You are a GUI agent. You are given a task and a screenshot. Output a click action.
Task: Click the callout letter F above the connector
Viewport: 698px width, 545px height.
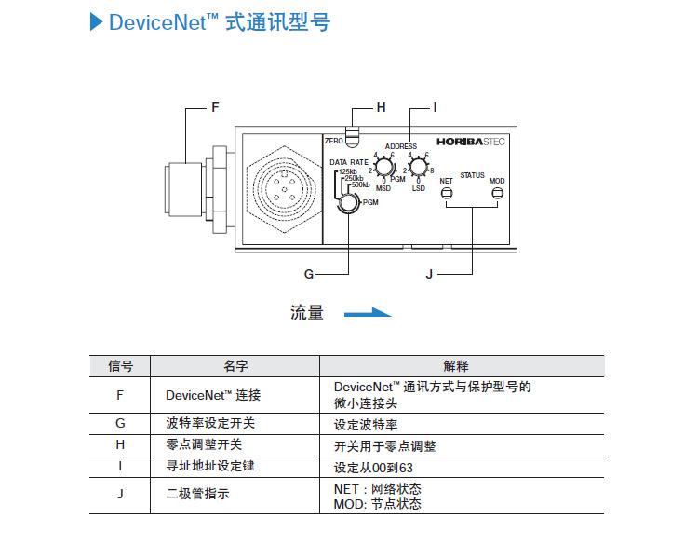215,107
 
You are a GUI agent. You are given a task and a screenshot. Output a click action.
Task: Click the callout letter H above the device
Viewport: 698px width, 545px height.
381,107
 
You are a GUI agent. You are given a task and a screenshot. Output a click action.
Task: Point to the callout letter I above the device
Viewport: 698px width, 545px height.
434,107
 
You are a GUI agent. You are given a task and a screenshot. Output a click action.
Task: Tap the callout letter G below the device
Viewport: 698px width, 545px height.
309,274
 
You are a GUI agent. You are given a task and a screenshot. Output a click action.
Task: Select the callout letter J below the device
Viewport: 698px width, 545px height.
429,274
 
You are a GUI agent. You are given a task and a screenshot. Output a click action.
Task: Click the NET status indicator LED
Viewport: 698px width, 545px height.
446,193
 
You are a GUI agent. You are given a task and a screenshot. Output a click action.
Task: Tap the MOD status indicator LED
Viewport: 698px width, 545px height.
497,193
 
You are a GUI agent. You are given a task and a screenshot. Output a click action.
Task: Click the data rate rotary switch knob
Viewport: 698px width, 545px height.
349,202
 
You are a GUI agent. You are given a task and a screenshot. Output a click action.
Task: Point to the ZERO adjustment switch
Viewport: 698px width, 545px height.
353,140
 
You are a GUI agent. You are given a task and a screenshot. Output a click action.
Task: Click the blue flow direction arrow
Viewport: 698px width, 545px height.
368,313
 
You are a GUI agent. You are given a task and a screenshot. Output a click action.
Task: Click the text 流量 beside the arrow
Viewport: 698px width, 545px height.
307,313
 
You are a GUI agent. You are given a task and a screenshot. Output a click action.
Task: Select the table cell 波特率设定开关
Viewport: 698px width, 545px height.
210,423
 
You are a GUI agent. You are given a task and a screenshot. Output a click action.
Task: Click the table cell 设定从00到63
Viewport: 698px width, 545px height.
372,467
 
